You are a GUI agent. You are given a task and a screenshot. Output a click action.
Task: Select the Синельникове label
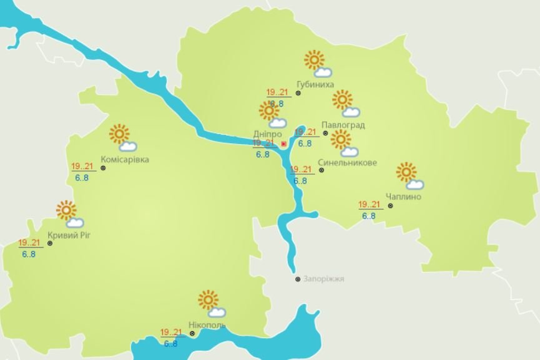click(x=347, y=163)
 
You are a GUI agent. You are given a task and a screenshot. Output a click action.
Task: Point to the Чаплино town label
click(x=403, y=197)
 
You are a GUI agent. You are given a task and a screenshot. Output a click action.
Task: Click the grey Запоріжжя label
click(x=325, y=279)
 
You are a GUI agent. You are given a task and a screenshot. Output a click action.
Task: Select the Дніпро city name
click(x=268, y=134)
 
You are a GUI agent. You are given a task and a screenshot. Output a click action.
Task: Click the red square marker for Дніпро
click(x=284, y=144)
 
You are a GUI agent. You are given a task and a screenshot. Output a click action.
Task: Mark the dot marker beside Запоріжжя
click(x=298, y=280)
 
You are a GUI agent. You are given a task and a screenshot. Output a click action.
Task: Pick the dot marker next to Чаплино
click(x=390, y=205)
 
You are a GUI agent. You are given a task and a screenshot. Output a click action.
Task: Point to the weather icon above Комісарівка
click(x=122, y=138)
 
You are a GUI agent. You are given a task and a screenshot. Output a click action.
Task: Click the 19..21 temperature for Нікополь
click(x=170, y=333)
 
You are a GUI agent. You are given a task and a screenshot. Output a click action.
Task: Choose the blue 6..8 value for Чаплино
click(x=369, y=216)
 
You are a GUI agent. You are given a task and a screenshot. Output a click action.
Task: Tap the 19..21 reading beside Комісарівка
click(x=82, y=167)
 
